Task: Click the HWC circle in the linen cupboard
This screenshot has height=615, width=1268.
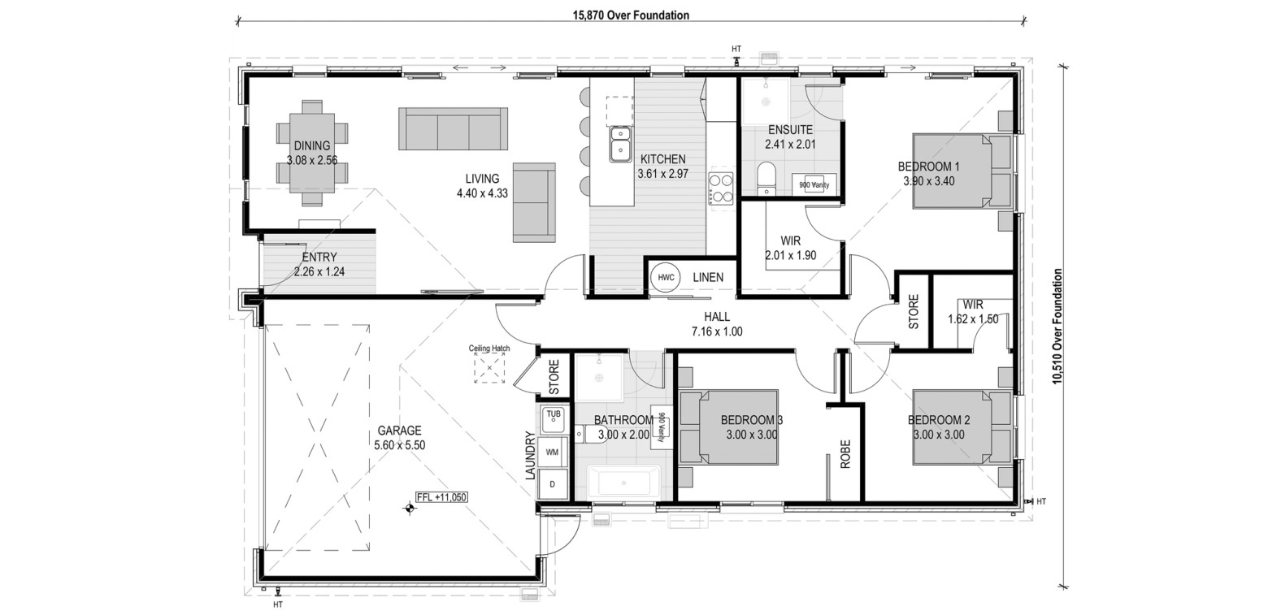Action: coord(666,277)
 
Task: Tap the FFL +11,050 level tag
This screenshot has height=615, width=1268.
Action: coord(441,497)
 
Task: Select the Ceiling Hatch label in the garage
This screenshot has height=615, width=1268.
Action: coord(489,348)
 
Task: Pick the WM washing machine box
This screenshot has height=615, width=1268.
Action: coord(553,452)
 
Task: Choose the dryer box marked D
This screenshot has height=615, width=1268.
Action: coord(553,483)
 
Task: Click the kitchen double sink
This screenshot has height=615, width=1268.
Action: coord(621,144)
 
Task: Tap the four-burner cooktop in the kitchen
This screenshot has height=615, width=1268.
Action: coord(721,188)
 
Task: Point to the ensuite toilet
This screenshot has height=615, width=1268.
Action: coord(767,178)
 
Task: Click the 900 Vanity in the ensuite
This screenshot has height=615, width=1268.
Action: coord(814,184)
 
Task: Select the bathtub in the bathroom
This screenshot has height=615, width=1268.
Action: coord(623,483)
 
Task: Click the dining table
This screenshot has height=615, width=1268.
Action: coord(312,153)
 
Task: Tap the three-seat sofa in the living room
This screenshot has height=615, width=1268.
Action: coord(453,128)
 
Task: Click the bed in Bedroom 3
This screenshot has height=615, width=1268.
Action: coord(728,427)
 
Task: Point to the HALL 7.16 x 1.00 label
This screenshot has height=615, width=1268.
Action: coord(717,324)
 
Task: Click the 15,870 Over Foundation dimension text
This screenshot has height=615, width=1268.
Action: coord(632,15)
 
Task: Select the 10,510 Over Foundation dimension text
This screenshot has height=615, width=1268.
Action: coord(1057,327)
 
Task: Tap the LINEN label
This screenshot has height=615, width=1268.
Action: coord(708,277)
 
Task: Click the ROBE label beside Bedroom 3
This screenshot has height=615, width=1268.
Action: coord(845,454)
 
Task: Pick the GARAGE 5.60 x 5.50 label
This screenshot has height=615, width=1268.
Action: coord(400,438)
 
